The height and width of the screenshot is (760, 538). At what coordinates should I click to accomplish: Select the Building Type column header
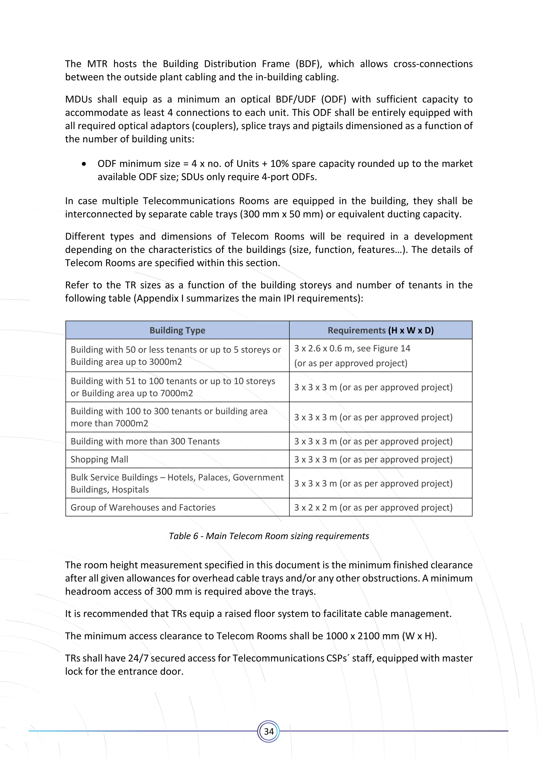tap(177, 330)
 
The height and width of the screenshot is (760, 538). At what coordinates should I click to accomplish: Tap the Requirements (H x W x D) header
tap(381, 330)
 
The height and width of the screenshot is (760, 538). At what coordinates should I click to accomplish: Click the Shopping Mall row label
tap(99, 460)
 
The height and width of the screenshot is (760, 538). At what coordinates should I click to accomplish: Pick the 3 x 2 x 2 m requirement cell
tap(373, 508)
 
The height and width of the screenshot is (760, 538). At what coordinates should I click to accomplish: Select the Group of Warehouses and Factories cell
tap(143, 508)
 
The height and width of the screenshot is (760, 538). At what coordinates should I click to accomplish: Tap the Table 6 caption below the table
tap(269, 536)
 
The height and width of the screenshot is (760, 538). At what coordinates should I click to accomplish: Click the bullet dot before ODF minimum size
tap(84, 164)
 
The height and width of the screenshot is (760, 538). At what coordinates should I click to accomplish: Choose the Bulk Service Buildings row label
tap(177, 483)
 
